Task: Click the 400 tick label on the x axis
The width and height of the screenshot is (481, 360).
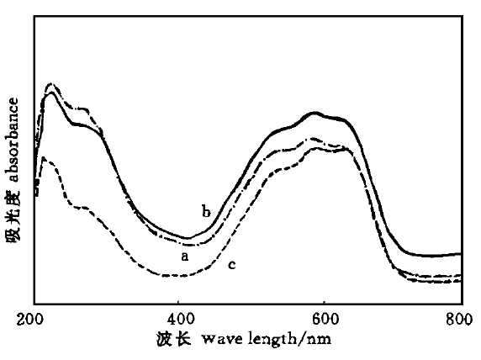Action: [179, 320]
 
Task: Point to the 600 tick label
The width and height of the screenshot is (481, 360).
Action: [325, 320]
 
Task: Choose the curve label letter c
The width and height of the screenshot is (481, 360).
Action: [230, 265]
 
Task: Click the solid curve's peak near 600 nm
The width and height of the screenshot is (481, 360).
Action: [316, 113]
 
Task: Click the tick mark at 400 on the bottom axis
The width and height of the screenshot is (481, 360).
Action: [179, 301]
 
